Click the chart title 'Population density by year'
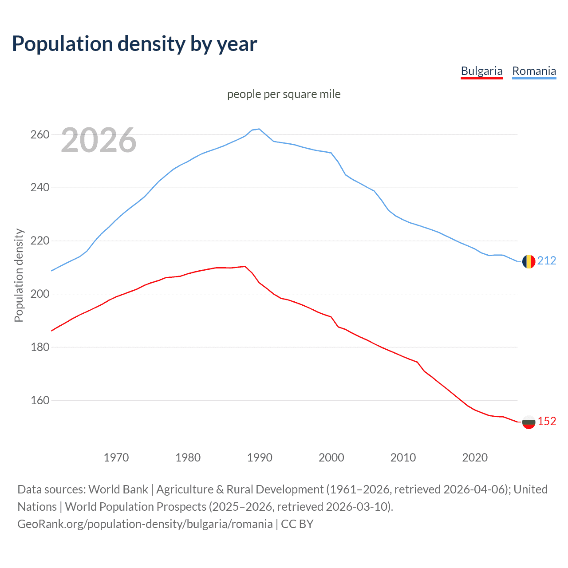[134, 43]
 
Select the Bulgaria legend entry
[481, 71]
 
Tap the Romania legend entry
[534, 71]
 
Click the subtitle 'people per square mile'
[284, 94]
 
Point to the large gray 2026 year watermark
[99, 140]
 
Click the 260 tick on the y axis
[39, 134]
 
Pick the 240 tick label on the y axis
[39, 188]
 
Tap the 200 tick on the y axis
[39, 294]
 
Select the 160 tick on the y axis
[39, 400]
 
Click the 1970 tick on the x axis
[116, 458]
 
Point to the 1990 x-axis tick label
[260, 458]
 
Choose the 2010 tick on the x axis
[403, 458]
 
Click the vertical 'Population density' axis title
[19, 275]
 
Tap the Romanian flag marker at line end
[529, 261]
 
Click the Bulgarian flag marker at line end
[529, 422]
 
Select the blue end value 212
[547, 260]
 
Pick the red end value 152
[547, 421]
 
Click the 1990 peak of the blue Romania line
[259, 129]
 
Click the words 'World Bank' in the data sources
[118, 489]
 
